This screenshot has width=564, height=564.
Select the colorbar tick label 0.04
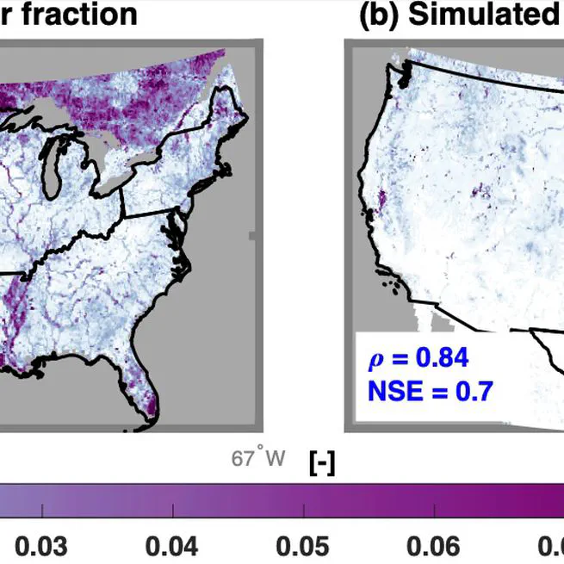171,546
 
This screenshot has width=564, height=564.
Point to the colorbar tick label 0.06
433,546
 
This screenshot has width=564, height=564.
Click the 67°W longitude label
257,457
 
